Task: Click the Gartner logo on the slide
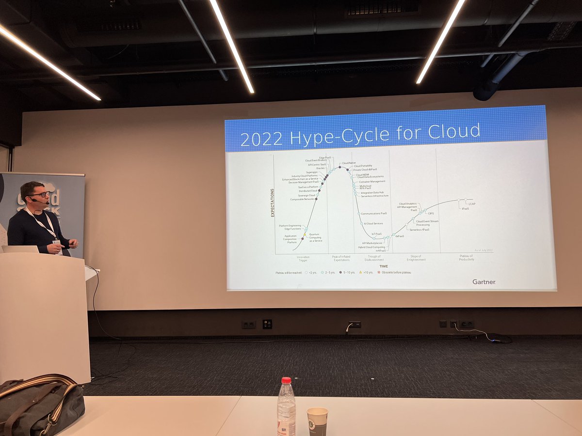click(x=484, y=281)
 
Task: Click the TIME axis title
click(x=383, y=266)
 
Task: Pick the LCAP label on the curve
click(x=472, y=204)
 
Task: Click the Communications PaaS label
click(x=374, y=213)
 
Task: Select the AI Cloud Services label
click(x=373, y=223)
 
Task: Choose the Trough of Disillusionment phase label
click(x=374, y=258)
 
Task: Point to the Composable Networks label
click(x=303, y=199)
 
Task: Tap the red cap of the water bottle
click(x=286, y=381)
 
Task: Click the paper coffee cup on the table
click(x=317, y=420)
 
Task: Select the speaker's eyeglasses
click(x=39, y=194)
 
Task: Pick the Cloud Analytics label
click(x=408, y=204)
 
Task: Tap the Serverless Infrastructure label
click(x=374, y=196)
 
